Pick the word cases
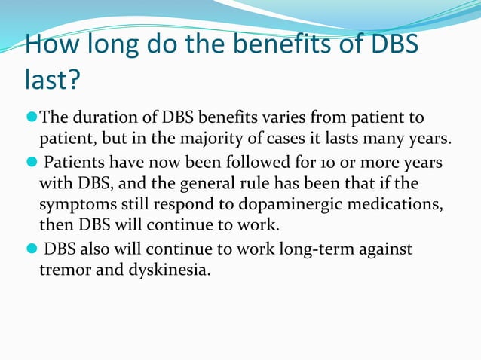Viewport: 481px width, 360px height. click(x=298, y=139)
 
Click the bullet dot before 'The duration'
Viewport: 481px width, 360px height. click(x=32, y=118)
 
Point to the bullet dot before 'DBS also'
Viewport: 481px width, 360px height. click(x=32, y=249)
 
